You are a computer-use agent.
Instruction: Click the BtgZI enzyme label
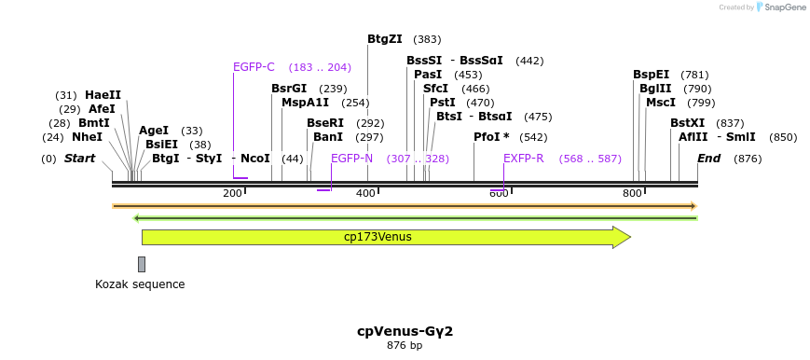[384, 39]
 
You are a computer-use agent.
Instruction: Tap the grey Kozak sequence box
[142, 264]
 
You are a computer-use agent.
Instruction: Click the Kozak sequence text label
[140, 284]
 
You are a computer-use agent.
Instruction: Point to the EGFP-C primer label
[254, 67]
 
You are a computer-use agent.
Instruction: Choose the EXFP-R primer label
[523, 159]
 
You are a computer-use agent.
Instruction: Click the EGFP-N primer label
[351, 159]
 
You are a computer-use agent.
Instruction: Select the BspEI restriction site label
[651, 75]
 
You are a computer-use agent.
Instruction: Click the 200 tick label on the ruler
[232, 193]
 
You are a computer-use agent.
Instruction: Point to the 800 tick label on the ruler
[632, 193]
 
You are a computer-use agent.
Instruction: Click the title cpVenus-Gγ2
[405, 331]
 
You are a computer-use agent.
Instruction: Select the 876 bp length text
[405, 346]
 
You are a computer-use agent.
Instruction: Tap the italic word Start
[79, 159]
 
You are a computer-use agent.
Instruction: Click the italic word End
[708, 159]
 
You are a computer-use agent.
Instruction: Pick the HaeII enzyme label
[103, 95]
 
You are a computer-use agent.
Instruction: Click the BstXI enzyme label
[688, 123]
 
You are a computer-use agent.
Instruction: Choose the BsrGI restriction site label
[289, 89]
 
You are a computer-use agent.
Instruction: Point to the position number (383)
[427, 39]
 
